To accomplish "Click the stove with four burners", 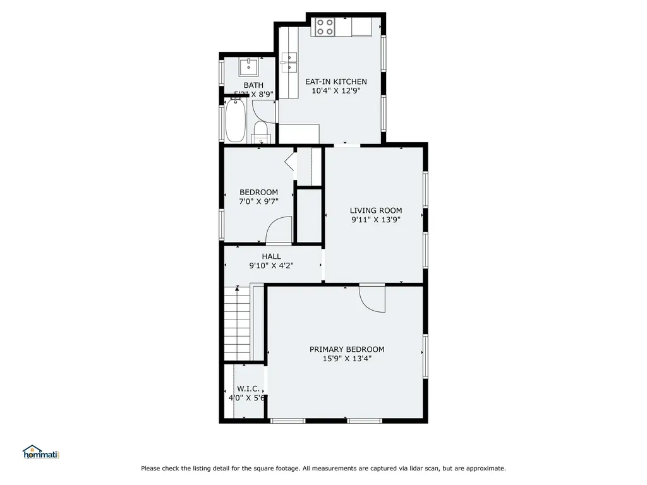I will [x=325, y=27].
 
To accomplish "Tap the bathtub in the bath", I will [x=235, y=121].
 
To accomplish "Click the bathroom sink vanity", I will [x=249, y=66].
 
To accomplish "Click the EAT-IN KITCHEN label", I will [x=336, y=81].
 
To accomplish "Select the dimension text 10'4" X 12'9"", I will [x=336, y=91].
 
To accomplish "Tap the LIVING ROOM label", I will [x=376, y=210].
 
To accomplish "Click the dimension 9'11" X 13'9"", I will [x=376, y=220].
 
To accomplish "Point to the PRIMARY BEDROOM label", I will [x=347, y=349].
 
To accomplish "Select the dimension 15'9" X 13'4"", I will [x=347, y=359].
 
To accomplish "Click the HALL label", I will [x=272, y=256].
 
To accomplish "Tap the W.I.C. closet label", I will [x=246, y=388].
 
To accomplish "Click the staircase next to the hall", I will [x=238, y=322].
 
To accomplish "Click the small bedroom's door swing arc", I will [x=279, y=231].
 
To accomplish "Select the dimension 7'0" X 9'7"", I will [x=258, y=202].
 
